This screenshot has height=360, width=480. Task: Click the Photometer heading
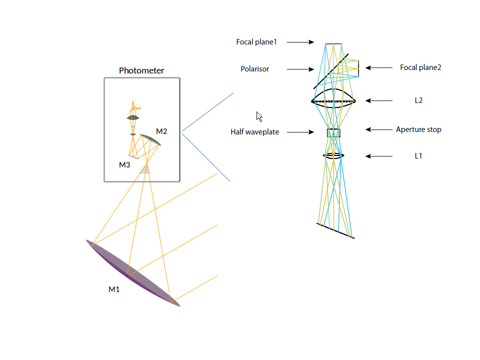[141, 70]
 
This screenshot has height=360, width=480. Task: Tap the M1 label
[114, 289]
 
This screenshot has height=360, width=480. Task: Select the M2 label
[161, 131]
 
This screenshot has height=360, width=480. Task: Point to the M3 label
[124, 165]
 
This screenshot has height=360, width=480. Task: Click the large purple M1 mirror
[133, 273]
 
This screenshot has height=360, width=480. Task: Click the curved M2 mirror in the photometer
[150, 139]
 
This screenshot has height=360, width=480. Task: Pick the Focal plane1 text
[256, 42]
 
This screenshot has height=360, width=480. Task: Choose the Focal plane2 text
[420, 67]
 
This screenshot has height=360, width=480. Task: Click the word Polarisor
[254, 69]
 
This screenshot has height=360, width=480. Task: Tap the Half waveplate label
[254, 132]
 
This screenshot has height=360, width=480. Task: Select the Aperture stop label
[418, 129]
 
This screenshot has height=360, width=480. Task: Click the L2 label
[418, 100]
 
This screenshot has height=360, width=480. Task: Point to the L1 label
[418, 156]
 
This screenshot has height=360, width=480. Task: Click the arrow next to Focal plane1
[300, 42]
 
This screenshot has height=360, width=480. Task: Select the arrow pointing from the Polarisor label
[300, 69]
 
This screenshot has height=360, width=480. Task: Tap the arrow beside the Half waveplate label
[300, 132]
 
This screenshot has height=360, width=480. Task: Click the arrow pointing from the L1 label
[378, 156]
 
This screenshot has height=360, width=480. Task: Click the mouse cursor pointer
[259, 116]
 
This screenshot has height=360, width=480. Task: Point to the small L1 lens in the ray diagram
[333, 156]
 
